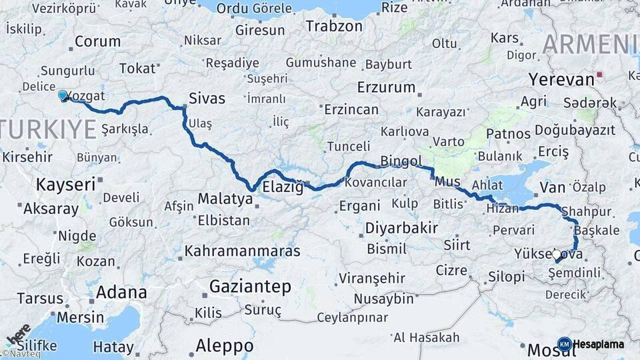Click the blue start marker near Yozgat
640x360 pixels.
click(x=63, y=96)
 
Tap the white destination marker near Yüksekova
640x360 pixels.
click(x=557, y=255)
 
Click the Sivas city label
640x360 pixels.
click(x=207, y=99)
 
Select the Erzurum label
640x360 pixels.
click(x=386, y=88)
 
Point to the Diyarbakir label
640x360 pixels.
click(x=401, y=228)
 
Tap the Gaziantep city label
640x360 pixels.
click(x=250, y=287)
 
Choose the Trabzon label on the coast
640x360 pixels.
click(x=334, y=27)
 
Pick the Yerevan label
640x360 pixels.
click(x=561, y=79)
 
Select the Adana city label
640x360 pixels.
click(x=121, y=292)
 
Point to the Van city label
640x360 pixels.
click(x=552, y=187)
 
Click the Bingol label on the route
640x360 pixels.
click(x=401, y=161)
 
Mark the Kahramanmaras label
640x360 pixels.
click(x=242, y=251)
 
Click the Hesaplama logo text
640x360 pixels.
click(x=599, y=344)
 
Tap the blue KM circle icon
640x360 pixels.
click(x=564, y=344)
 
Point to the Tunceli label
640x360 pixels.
click(x=348, y=146)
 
